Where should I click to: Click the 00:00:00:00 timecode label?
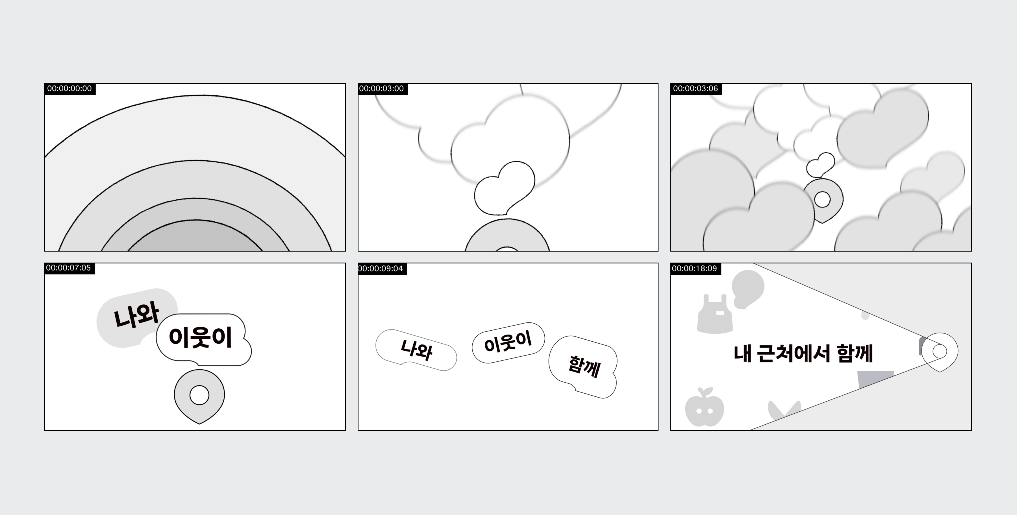(69, 89)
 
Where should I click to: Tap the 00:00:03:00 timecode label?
(382, 89)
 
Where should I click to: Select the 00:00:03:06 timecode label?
(696, 89)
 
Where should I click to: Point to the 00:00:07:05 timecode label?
(69, 268)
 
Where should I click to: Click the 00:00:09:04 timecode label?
(381, 269)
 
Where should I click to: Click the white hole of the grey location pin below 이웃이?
(199, 395)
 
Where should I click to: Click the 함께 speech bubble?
(584, 366)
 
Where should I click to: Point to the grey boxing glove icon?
(747, 288)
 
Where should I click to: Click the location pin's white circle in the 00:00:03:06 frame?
(822, 200)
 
